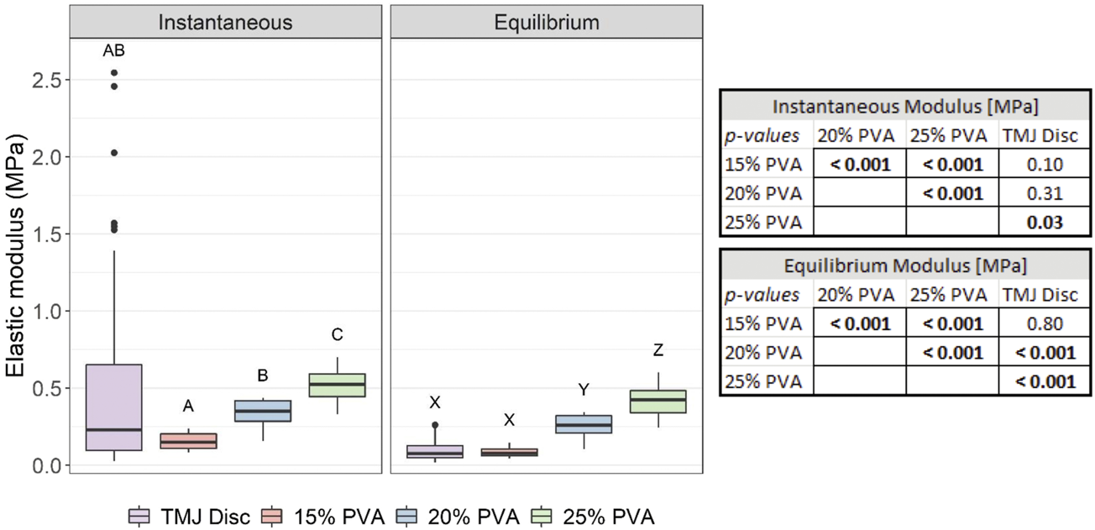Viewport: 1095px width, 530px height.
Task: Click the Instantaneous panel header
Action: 225,22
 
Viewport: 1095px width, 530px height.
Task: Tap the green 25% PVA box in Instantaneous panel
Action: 337,385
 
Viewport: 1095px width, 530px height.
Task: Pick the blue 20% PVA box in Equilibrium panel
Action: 584,424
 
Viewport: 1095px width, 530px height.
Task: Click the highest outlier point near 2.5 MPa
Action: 113,73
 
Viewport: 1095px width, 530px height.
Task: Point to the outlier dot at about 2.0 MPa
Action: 113,153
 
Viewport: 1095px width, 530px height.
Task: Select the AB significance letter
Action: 113,51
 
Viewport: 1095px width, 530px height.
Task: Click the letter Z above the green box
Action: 658,350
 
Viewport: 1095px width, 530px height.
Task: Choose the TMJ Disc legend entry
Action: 189,515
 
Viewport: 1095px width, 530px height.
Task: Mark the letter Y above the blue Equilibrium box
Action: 584,390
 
